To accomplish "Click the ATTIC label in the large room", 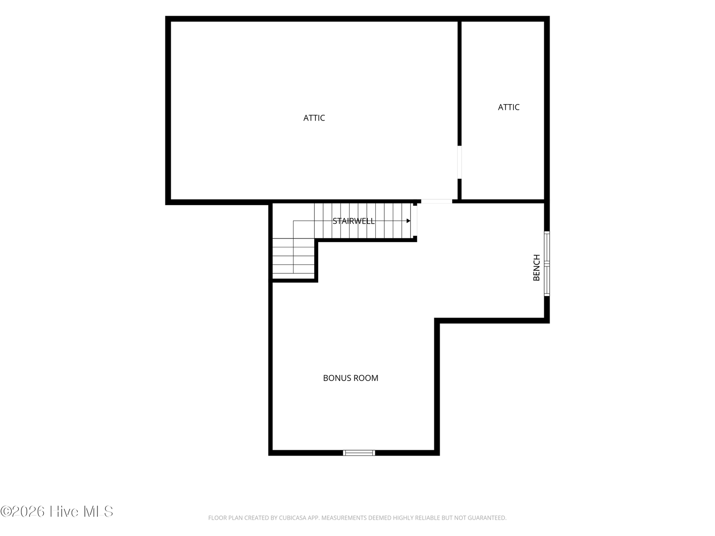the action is (314, 118).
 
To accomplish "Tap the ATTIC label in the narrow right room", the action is (509, 107).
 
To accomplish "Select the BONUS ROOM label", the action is (350, 378).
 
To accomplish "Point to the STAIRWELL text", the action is (353, 221).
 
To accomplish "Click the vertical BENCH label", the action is (537, 268).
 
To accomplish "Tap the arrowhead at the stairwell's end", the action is (408, 221).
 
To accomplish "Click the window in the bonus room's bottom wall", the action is (359, 452).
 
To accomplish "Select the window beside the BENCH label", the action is (547, 264).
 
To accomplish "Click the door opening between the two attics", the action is (459, 162).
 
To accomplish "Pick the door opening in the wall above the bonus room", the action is (437, 201).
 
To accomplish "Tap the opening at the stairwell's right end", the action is (415, 221).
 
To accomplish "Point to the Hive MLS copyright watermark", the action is (57, 511).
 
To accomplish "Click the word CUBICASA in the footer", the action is (291, 518).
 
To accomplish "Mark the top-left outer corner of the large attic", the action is (165, 16).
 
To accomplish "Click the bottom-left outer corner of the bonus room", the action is (269, 455).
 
